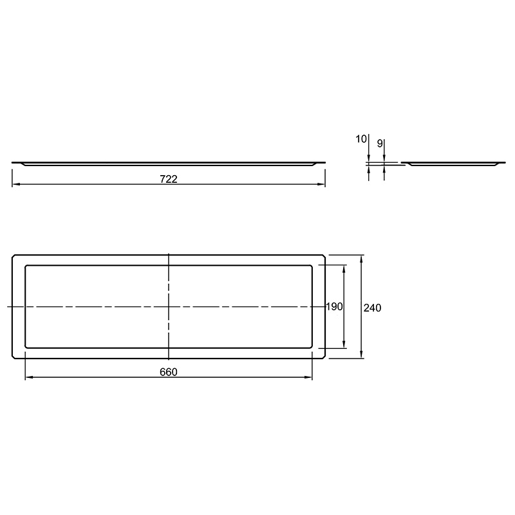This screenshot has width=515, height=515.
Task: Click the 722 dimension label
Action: tap(169, 179)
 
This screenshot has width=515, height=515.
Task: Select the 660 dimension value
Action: tap(169, 372)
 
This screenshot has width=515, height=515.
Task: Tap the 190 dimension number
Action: tap(334, 306)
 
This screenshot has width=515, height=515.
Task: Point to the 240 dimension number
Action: tap(373, 308)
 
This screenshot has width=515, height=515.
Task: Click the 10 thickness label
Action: tap(361, 139)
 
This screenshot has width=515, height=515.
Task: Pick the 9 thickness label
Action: tap(380, 144)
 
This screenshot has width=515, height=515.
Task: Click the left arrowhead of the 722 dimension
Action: tap(16, 184)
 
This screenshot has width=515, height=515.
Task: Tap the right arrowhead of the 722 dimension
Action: tap(321, 184)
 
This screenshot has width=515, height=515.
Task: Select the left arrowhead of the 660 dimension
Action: tap(30, 377)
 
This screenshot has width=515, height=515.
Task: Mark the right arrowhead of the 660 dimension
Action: tap(308, 377)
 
